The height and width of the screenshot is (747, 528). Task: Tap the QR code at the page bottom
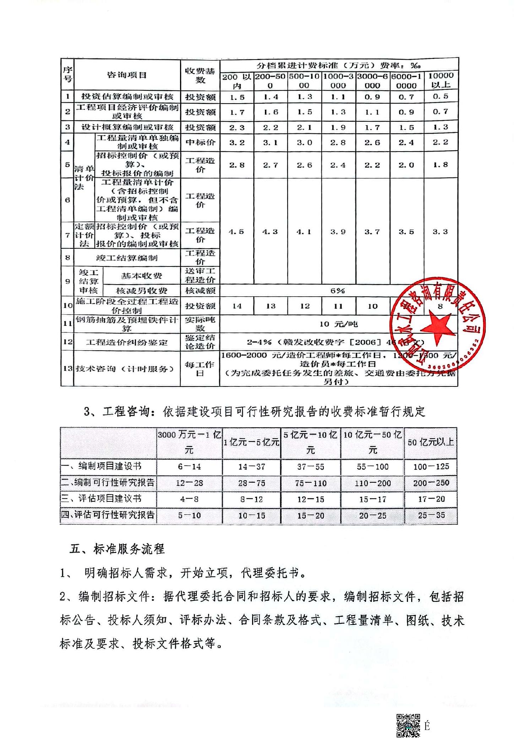coord(408,725)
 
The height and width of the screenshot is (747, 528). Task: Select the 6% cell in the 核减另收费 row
coord(337,291)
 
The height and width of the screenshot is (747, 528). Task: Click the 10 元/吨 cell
coord(338,324)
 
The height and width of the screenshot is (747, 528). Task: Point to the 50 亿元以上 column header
coord(430,442)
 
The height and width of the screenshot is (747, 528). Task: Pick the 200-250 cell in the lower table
coord(431,483)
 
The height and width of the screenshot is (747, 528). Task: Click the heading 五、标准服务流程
coord(117,549)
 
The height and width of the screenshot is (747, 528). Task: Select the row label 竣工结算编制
coord(127,258)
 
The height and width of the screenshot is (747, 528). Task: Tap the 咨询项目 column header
coord(127,75)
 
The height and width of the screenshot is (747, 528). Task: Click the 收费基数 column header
coord(200,75)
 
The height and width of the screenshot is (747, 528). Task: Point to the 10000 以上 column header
coord(441,80)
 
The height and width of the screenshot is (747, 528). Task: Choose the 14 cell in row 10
coord(237,306)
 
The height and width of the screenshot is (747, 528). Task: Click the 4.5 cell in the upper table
coord(236,232)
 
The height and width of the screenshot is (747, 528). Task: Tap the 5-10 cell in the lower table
coord(189,515)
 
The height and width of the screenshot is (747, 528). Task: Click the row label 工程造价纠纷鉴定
coord(127,342)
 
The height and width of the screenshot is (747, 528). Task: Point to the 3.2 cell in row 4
coord(237,143)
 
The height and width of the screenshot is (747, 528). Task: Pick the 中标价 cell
coord(200,142)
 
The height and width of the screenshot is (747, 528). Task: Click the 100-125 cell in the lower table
coord(431,466)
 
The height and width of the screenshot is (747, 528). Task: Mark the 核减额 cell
coord(200,291)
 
